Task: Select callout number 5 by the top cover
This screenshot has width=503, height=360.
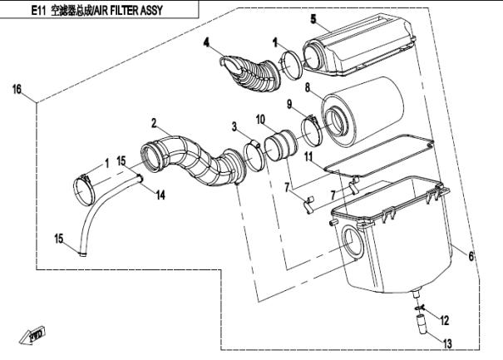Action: click(313, 18)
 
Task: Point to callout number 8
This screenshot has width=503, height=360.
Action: click(307, 86)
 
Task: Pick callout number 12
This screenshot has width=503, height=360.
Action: click(444, 319)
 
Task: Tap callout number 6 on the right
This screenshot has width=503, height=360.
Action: click(471, 257)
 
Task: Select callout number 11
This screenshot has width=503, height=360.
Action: click(307, 155)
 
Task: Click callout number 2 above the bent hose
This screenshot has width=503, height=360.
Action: click(154, 122)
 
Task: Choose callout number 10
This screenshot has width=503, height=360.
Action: click(259, 119)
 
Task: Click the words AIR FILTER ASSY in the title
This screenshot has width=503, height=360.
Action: click(127, 11)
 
